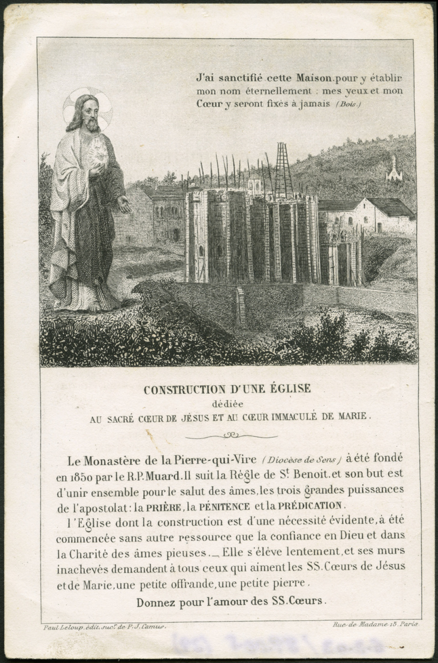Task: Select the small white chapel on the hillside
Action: coord(394,172)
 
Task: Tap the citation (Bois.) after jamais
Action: coord(349,104)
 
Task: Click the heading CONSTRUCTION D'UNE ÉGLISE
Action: coord(227,389)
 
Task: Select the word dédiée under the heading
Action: coord(227,403)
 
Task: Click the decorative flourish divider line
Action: coord(231,435)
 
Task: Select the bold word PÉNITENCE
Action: coord(224,507)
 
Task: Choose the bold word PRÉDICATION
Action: coord(313,505)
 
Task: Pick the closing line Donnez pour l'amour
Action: coord(231,601)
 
